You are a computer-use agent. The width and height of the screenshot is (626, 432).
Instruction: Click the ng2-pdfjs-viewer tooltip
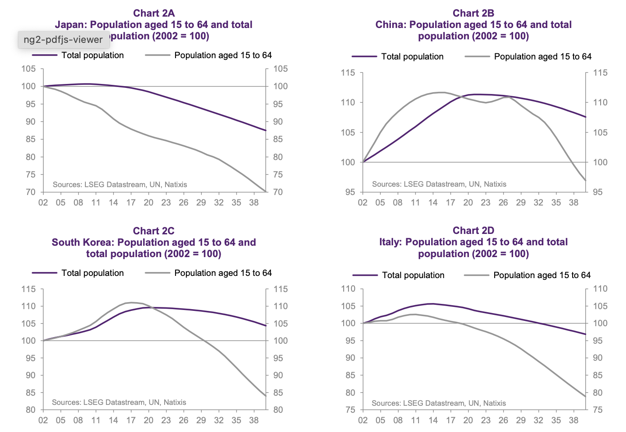point(63,40)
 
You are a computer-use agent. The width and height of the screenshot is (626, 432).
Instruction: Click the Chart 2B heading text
point(473,13)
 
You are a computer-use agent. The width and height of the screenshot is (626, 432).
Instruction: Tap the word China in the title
point(390,24)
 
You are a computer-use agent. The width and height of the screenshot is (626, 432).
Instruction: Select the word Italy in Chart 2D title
point(390,242)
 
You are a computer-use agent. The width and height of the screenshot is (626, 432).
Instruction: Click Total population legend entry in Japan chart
point(92,55)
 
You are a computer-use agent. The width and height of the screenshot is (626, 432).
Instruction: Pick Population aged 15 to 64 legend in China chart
point(542,56)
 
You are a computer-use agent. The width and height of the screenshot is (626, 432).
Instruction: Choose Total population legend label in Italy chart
point(413,275)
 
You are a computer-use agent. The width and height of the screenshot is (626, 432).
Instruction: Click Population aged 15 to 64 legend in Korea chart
point(223,273)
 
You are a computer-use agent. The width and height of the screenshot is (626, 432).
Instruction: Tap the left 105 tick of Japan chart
point(28,69)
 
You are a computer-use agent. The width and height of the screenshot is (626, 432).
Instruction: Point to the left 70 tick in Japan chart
point(30,192)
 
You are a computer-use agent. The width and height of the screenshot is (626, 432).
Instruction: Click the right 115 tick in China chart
point(600,73)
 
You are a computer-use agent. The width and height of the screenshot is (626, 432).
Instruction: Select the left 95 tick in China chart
point(349,192)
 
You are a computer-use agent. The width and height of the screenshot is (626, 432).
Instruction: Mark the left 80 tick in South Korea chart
point(30,410)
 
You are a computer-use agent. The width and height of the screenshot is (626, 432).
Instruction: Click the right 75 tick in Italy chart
point(598,410)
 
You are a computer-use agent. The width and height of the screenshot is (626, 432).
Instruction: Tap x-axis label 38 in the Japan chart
point(254,202)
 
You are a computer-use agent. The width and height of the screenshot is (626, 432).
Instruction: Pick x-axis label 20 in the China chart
point(468,202)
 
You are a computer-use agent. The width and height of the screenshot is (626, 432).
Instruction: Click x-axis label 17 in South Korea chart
point(131,420)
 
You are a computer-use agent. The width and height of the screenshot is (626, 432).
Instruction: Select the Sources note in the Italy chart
point(439,403)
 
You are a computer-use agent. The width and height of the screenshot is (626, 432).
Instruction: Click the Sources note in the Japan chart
point(120,185)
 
